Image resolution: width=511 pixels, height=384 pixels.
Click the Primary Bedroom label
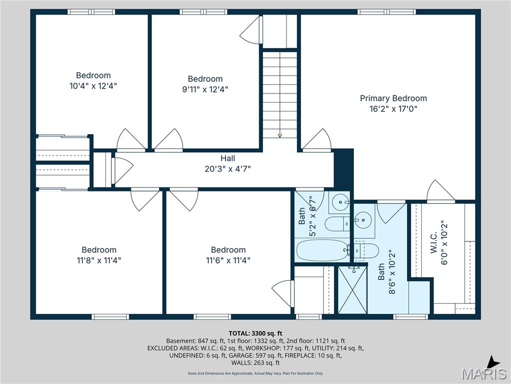[x=393, y=98]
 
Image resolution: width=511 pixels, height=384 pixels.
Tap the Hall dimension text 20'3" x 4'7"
[x=228, y=168]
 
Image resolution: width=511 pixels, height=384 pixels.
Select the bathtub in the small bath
[x=321, y=250]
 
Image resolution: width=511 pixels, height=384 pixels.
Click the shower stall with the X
[x=352, y=290]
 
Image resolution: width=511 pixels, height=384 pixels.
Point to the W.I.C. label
[x=433, y=242]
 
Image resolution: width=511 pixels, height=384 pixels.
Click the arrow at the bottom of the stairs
[x=280, y=134]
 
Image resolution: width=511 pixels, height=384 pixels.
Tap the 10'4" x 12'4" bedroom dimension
[x=93, y=85]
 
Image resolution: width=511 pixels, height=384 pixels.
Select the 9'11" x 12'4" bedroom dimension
[x=205, y=89]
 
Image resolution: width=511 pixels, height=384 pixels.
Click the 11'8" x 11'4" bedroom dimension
[x=99, y=260]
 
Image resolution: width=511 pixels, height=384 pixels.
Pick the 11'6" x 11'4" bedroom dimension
[x=228, y=260]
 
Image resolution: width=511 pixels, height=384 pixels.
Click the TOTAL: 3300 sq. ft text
[x=255, y=333]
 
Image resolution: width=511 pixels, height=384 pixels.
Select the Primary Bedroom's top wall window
[x=386, y=11]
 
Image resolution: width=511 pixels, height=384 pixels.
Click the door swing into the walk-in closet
[x=440, y=191]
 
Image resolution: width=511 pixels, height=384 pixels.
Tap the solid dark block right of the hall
[x=343, y=168]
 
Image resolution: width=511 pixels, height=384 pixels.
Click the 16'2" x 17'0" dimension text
[x=393, y=108]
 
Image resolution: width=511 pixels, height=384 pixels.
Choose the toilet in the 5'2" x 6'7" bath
[x=337, y=223]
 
